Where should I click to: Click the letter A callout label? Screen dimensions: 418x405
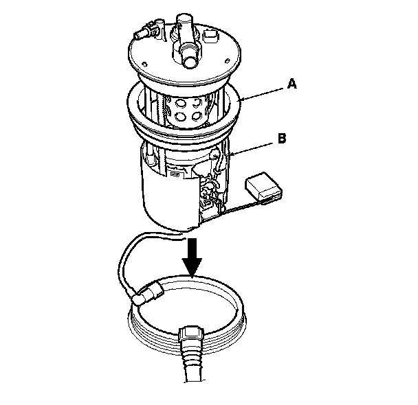292,84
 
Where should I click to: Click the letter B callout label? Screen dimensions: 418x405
282,139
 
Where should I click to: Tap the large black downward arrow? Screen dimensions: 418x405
192,257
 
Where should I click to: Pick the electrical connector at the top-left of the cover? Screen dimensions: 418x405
148,30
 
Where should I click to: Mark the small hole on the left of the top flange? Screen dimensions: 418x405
145,64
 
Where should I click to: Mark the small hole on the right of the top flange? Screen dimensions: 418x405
228,60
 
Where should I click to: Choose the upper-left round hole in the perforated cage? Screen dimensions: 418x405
181,103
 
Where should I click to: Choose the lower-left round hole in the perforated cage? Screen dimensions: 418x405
180,117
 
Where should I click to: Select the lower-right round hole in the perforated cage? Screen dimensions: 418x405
197,115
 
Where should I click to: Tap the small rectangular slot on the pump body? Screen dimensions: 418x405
175,174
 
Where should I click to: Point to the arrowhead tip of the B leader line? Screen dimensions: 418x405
230,154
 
